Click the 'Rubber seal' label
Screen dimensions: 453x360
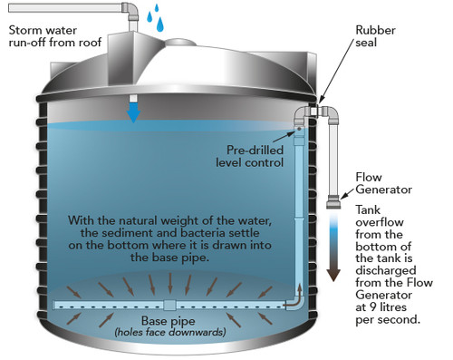pos(375,36)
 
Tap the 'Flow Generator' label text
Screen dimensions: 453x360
pos(383,183)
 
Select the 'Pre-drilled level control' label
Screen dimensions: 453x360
pos(250,156)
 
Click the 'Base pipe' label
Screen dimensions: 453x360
pos(168,321)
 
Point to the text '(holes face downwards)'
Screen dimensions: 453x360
pos(170,333)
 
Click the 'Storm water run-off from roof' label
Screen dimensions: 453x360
pos(55,36)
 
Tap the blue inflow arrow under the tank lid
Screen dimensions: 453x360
pos(133,112)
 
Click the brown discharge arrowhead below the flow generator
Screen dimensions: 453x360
pos(333,275)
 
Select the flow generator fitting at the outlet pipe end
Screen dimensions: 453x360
pos(333,201)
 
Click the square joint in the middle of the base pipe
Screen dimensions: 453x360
pos(169,305)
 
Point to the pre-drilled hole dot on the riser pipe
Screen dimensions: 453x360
pos(299,129)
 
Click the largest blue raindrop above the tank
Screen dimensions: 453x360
pos(159,24)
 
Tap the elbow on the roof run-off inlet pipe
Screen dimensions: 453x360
pos(130,9)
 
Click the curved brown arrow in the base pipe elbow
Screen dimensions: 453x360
pos(296,299)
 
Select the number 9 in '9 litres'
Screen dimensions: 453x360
pos(373,307)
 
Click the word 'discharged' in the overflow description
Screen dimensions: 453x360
pos(386,270)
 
